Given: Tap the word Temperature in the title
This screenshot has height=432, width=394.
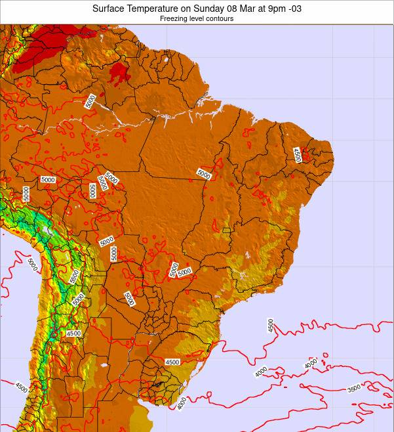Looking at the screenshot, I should click(158, 9).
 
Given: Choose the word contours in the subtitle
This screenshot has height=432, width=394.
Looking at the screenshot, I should click(221, 19).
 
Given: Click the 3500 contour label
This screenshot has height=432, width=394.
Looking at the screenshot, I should click(354, 388).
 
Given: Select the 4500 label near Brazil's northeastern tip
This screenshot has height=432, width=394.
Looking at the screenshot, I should click(297, 155).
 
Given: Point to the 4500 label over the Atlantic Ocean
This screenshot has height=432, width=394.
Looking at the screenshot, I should click(270, 326).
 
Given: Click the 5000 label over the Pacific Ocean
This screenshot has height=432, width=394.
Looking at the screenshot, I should click(32, 264).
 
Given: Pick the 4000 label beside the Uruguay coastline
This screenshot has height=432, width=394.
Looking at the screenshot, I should click(182, 402).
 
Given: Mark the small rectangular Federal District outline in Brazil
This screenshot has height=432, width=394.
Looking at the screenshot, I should click(226, 230).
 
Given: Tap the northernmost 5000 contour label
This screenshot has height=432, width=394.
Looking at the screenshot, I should click(90, 101).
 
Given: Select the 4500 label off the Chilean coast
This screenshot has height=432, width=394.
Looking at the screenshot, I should click(22, 387).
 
